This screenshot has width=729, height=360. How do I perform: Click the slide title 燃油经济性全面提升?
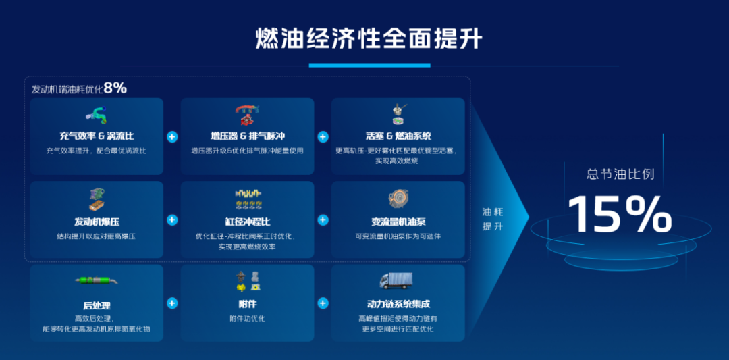(369, 38)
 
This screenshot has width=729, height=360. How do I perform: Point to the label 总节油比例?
(620, 174)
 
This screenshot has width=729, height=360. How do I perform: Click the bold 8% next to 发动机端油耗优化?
(115, 88)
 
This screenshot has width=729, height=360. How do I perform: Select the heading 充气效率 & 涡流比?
(97, 136)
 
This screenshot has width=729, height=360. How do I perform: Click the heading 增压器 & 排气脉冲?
(247, 136)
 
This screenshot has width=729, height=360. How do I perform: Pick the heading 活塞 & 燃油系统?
(398, 136)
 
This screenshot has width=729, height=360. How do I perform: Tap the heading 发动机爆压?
(97, 221)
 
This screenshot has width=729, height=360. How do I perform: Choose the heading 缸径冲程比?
(247, 221)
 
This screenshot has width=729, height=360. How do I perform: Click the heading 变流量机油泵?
(398, 221)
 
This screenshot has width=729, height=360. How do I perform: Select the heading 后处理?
(97, 305)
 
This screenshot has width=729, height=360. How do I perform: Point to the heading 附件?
(247, 304)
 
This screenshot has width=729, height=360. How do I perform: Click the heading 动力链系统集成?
(398, 304)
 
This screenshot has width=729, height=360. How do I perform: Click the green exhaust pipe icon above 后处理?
(97, 280)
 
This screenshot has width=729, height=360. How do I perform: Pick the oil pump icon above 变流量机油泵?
(398, 199)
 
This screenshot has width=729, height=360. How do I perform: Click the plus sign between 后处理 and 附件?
(172, 303)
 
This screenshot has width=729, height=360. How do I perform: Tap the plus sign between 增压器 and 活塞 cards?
(323, 136)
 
